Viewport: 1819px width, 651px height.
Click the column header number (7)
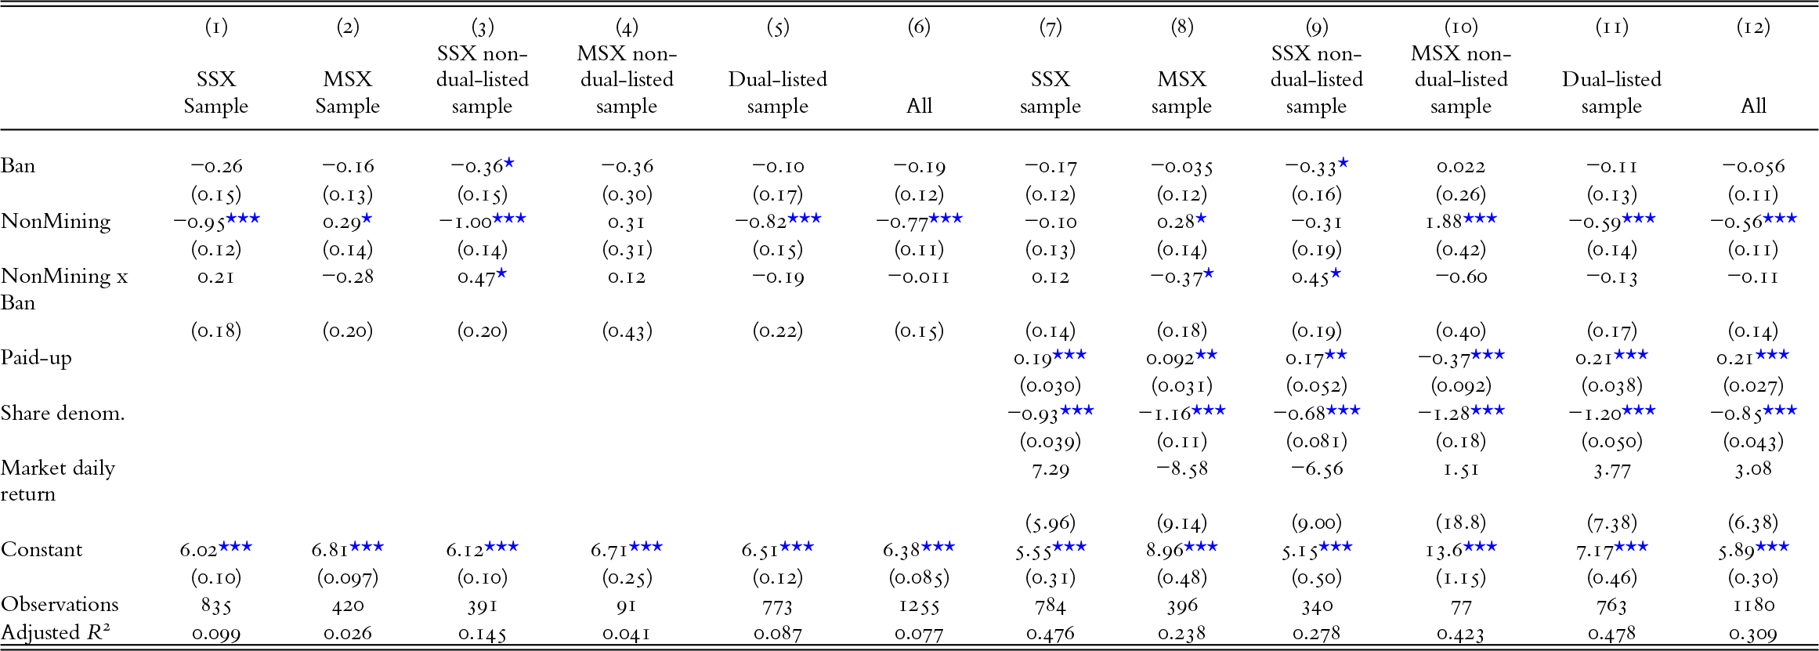(1050, 27)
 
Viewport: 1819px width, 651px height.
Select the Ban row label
(18, 166)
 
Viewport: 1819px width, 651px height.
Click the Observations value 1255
(919, 606)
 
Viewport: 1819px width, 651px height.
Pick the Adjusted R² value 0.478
(1611, 633)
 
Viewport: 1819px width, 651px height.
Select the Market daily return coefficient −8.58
(1181, 469)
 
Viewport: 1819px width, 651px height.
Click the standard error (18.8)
(1461, 523)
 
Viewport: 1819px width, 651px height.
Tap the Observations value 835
(215, 606)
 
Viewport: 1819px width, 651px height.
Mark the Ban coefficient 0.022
(1461, 166)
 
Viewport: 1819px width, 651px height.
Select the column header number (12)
(1753, 27)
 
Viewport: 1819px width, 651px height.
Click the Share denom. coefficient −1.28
(1449, 414)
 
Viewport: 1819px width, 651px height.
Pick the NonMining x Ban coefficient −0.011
(919, 277)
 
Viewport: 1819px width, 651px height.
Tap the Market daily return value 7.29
(1050, 469)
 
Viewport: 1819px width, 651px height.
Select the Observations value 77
(1461, 606)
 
